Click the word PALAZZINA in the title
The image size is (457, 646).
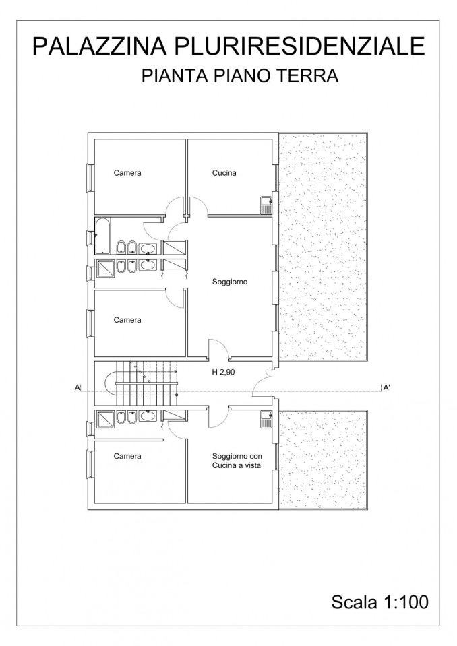tap(99, 46)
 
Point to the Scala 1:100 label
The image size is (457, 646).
tap(380, 602)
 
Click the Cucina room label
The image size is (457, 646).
tap(224, 173)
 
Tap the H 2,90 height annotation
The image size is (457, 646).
tap(223, 372)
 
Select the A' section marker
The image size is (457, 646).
tap(386, 387)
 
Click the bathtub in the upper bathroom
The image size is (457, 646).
tap(102, 236)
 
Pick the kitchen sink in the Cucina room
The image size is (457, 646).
tap(266, 204)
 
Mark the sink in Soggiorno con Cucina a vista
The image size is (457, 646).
tap(266, 420)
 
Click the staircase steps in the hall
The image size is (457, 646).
tap(146, 383)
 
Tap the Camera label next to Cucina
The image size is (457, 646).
tap(127, 173)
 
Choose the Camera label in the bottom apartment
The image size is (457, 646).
tap(127, 456)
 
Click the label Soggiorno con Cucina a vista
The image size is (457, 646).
tap(237, 461)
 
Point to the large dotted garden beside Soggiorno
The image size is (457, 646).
tap(323, 247)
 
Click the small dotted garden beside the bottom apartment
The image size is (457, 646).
tap(323, 457)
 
